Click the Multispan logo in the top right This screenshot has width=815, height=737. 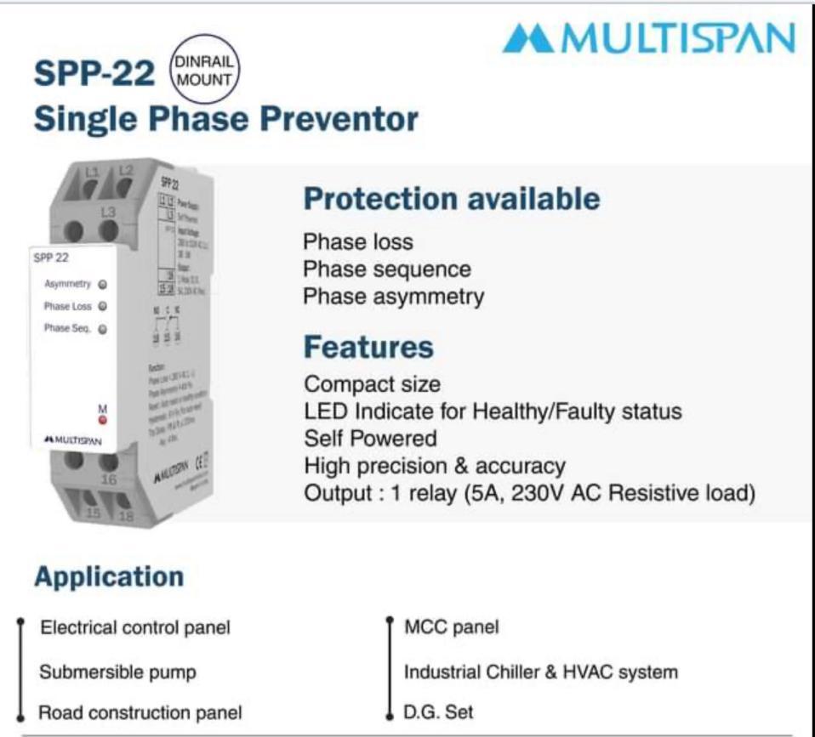648,39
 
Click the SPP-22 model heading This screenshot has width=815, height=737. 94,74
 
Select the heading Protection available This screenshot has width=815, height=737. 452,199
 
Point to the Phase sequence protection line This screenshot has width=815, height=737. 387,269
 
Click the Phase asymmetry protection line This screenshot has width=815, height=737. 394,297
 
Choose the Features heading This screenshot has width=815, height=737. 368,347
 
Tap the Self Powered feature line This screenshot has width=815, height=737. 370,439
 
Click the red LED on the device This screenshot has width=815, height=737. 103,421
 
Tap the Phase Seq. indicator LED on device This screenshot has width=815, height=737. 102,329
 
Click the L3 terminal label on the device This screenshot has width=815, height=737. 108,211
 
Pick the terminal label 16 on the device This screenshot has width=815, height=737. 109,479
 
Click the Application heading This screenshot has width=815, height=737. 109,576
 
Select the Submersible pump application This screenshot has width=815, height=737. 117,672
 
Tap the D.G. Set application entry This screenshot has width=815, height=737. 438,711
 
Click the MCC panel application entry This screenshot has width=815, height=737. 451,628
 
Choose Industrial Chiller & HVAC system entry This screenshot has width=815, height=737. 541,672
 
